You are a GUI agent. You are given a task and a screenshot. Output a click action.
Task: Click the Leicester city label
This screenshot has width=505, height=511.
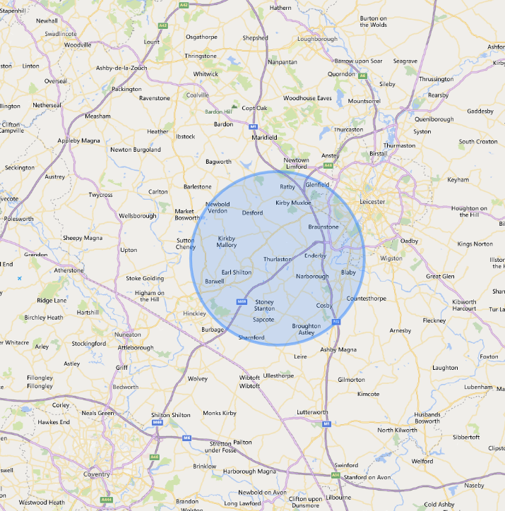[x=372, y=202]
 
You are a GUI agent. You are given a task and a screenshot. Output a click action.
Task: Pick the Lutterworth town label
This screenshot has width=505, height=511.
[x=312, y=411]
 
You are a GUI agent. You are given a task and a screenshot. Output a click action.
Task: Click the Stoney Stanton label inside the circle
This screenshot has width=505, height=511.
[x=264, y=306]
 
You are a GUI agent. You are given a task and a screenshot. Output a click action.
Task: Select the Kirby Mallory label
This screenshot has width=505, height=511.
[x=227, y=242]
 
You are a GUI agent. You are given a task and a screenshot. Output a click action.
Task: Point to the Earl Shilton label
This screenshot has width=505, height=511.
[x=236, y=272]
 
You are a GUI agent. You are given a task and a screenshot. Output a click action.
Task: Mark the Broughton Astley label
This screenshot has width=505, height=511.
[x=307, y=329]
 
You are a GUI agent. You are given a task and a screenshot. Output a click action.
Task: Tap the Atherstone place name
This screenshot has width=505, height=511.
[x=70, y=270]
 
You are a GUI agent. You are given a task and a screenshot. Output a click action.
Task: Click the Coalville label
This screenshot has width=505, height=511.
[x=197, y=95]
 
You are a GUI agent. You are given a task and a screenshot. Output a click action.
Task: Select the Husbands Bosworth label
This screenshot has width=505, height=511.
[x=427, y=418]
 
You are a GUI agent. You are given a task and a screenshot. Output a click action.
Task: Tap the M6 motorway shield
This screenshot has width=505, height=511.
[x=186, y=438]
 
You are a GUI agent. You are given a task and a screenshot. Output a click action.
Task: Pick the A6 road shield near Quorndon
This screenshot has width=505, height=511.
[x=362, y=76]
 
